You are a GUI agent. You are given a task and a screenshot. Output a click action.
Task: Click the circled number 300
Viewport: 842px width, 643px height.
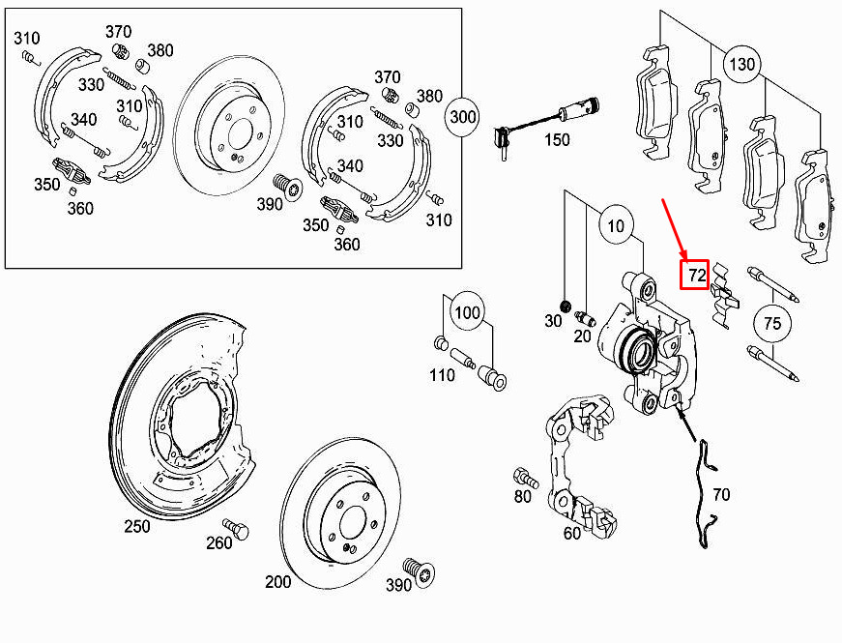tap(462, 117)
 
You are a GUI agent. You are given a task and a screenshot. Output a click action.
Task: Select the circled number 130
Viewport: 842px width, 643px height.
tap(742, 65)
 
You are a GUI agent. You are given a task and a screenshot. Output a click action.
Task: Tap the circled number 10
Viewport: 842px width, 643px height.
tap(616, 225)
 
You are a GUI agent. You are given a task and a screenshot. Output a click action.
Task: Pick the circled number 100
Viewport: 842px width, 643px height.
tap(467, 312)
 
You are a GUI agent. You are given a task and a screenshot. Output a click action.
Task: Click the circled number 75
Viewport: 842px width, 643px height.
tap(771, 323)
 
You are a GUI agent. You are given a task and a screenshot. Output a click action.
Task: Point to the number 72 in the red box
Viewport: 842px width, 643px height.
tap(696, 275)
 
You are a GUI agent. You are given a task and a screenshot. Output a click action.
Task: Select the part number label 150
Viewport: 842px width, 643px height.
tap(556, 139)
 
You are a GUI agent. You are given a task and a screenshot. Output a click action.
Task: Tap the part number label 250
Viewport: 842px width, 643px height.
tap(137, 526)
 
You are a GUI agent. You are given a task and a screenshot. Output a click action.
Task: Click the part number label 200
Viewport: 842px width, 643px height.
tap(277, 582)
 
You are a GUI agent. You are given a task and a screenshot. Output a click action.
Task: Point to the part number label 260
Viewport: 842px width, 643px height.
tap(219, 543)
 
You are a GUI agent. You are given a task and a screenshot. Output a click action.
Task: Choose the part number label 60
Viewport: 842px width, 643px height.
tap(572, 533)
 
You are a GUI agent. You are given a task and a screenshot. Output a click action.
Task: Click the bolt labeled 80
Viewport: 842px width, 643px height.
tap(525, 477)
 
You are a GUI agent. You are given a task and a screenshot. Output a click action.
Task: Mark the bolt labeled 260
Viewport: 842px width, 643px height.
tap(237, 528)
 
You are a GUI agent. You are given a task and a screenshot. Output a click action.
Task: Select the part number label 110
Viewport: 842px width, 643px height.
tap(442, 374)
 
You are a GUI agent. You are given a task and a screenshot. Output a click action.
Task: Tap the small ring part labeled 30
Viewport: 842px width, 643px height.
tap(565, 307)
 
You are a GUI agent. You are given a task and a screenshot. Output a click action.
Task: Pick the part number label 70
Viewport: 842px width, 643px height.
tap(721, 494)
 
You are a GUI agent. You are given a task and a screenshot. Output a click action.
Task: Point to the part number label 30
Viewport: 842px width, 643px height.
tap(553, 321)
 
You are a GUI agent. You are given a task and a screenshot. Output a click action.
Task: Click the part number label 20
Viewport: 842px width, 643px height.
tap(582, 336)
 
